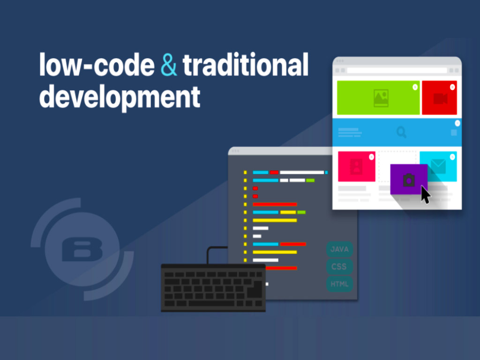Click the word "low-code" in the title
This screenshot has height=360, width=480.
click(97, 65)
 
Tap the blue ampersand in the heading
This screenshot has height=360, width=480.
click(169, 65)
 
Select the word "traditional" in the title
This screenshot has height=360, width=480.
click(246, 64)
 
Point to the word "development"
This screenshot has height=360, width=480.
click(120, 97)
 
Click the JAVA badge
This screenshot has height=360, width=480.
click(339, 249)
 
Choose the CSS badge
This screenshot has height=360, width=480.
click(339, 266)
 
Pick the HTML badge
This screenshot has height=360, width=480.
click(339, 284)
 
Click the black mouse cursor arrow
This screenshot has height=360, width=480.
click(425, 195)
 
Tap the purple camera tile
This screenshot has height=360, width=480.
click(409, 180)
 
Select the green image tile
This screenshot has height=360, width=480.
click(378, 97)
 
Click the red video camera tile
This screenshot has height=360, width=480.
click(440, 97)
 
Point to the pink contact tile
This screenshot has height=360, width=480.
click(357, 166)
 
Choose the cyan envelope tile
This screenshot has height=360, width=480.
click(438, 166)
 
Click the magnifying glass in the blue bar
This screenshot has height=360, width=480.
click(401, 132)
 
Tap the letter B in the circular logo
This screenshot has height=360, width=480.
click(82, 250)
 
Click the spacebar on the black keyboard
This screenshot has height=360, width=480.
click(211, 303)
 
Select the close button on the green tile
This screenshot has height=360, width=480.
click(415, 87)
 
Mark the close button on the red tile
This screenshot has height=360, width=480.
click(452, 87)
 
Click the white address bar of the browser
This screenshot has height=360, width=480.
click(397, 70)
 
